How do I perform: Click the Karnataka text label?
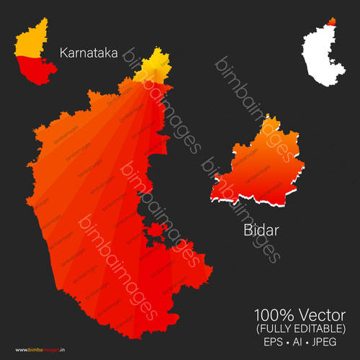pos(89,53)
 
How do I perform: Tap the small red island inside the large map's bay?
pos(154,231)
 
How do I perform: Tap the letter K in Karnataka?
pos(63,53)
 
